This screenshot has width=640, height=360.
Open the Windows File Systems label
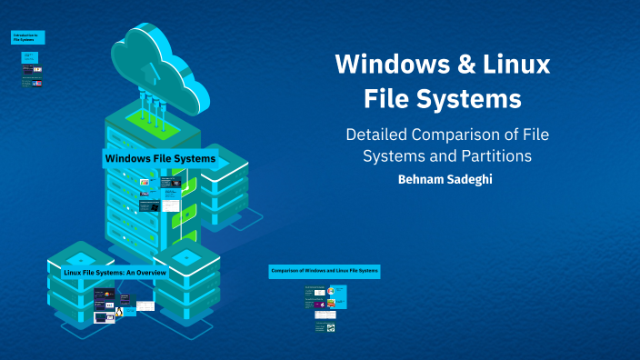pyautogui.click(x=160, y=158)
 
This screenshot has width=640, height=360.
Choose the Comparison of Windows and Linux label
pyautogui.click(x=325, y=271)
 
